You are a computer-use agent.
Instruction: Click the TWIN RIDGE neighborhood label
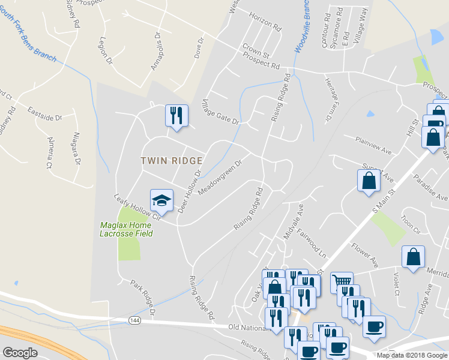(172, 161)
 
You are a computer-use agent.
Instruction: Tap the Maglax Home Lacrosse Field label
(126, 229)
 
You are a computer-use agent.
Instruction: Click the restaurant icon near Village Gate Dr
(176, 115)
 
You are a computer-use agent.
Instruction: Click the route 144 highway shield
(134, 322)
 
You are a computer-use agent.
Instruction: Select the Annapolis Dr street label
(157, 51)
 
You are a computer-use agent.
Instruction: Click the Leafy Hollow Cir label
(137, 207)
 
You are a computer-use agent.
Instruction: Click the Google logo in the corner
(20, 352)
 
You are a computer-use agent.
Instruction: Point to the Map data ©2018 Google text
(411, 355)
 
